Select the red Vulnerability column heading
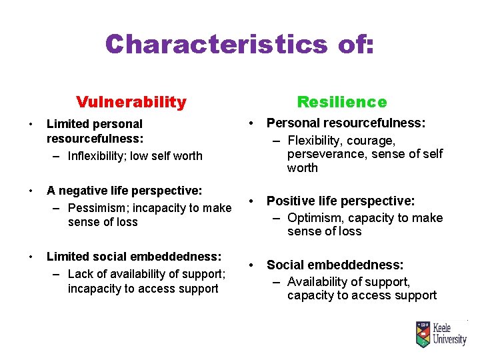click(131, 102)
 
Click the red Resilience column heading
click(341, 102)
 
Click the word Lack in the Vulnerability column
click(80, 275)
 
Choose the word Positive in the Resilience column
click(288, 201)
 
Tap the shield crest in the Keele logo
click(422, 334)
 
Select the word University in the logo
click(449, 340)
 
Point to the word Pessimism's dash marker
click(57, 208)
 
